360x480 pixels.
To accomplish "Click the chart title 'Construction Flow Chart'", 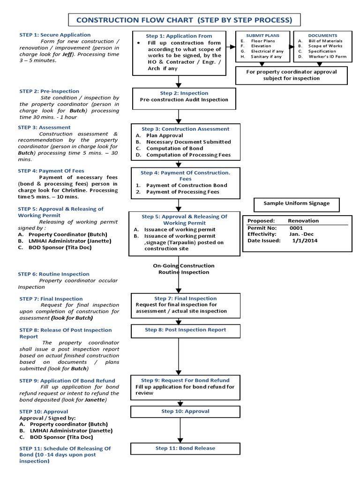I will click(x=184, y=20).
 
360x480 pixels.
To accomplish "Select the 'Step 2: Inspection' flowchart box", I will click(x=178, y=97).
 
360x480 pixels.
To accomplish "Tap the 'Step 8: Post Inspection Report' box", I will click(x=185, y=330).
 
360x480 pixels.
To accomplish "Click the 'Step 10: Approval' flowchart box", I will click(x=185, y=412).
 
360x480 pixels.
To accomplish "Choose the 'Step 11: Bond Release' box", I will click(x=185, y=449).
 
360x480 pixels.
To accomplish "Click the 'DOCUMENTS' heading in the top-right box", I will click(x=322, y=36).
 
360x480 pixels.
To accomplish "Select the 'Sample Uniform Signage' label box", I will click(x=296, y=203).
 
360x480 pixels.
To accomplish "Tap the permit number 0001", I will click(x=297, y=227).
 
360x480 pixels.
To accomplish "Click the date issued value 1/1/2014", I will click(x=305, y=240).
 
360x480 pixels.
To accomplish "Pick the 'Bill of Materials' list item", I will click(x=325, y=41).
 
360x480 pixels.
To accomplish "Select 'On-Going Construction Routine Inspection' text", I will click(x=183, y=269).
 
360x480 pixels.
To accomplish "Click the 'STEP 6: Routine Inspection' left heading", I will click(x=53, y=274).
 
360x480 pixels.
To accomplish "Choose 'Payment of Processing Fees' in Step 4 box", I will click(x=182, y=192).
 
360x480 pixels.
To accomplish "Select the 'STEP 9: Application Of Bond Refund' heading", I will click(x=67, y=381).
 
